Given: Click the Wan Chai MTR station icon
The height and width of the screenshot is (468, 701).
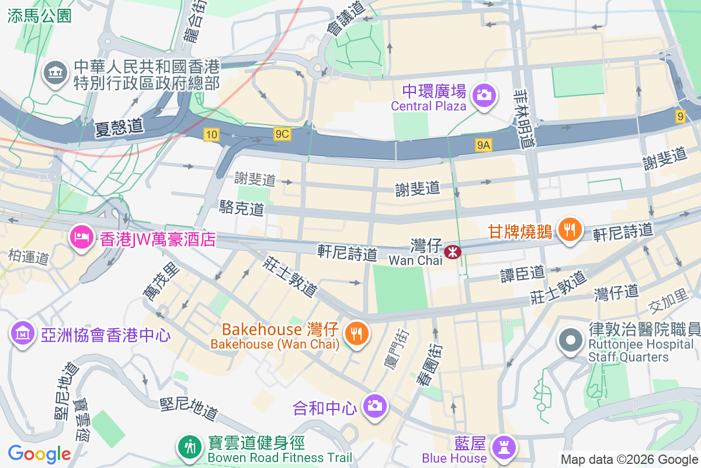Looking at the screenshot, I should [452, 252].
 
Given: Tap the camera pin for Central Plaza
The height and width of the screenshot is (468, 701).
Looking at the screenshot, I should [484, 95].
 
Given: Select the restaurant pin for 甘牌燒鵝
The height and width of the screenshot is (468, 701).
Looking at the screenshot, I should [568, 228].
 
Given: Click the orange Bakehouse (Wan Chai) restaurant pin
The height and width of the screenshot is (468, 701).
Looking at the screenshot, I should [356, 333].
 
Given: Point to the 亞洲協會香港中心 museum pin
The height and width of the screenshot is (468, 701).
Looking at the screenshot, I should [22, 333].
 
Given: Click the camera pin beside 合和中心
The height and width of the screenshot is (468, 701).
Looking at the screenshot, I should [374, 405].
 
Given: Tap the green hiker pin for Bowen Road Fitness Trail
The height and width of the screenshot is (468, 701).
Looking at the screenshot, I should [189, 448].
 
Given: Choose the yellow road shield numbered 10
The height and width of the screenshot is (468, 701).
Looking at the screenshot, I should [211, 135].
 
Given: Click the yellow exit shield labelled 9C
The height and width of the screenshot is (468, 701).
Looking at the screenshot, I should [282, 135].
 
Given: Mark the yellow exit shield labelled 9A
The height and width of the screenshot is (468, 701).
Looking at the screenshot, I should [483, 145].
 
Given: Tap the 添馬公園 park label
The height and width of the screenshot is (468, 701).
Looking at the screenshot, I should [40, 16].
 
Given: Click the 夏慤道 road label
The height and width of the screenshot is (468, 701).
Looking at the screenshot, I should [119, 126].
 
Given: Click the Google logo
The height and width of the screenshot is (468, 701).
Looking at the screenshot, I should [39, 453].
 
